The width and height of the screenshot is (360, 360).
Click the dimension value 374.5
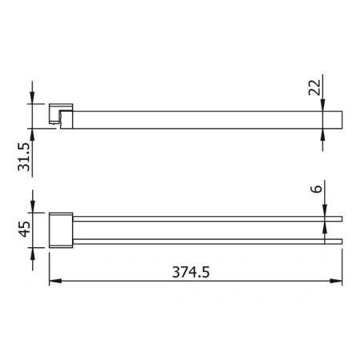pyautogui.click(x=195, y=271)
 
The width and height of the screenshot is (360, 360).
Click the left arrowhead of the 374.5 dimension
pyautogui.click(x=54, y=281)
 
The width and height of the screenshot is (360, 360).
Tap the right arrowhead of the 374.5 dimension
pyautogui.click(x=338, y=281)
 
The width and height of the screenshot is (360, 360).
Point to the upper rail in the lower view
pyautogui.click(x=208, y=217)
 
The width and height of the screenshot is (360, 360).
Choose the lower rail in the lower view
pyautogui.click(x=208, y=239)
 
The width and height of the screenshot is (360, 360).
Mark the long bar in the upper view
pyautogui.click(x=208, y=118)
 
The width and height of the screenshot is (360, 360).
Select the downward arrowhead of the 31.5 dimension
pyautogui.click(x=33, y=98)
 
